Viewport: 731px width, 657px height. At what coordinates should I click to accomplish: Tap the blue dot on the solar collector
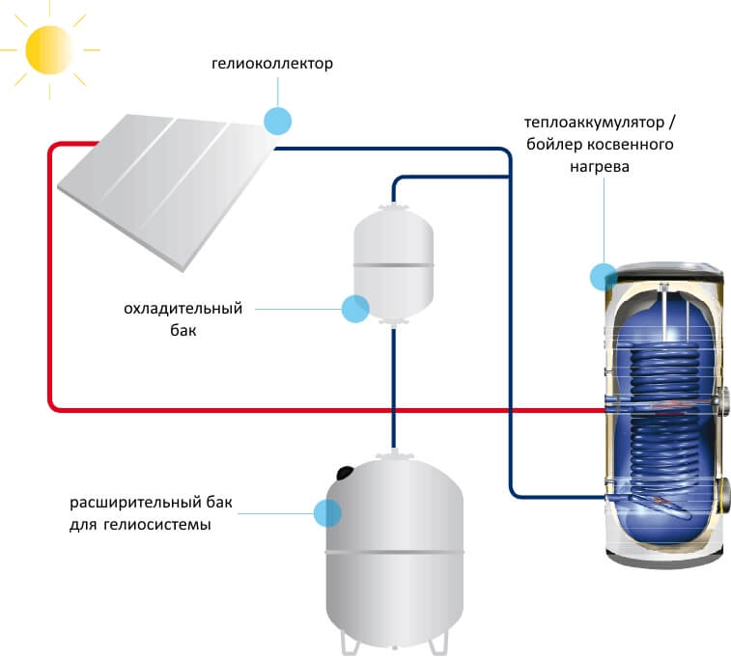[277, 120]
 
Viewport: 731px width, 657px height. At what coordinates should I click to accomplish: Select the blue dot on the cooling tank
[355, 308]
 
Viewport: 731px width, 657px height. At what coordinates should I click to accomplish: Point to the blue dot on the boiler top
[604, 277]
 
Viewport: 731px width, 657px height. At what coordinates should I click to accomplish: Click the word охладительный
[183, 309]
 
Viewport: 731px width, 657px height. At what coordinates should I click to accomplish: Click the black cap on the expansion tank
[344, 473]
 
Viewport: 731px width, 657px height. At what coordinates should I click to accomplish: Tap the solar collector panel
[164, 183]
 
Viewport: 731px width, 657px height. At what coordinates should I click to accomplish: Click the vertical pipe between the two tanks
[394, 386]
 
